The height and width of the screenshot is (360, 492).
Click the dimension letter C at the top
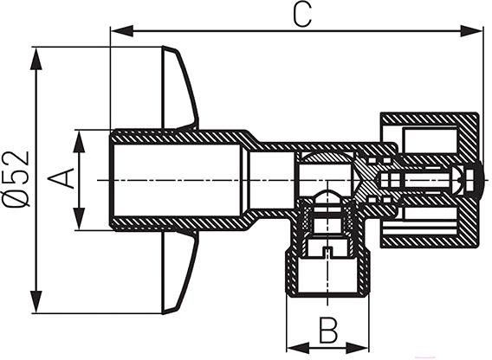point(302,15)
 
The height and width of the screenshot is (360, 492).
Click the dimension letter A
point(61,178)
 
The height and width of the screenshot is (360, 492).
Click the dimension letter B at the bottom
point(328,330)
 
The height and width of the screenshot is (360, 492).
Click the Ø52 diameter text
point(16,179)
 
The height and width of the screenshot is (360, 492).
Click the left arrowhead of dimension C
point(122,31)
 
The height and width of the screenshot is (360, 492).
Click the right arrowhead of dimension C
point(471,31)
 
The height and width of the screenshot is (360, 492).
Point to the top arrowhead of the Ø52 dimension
point(36,59)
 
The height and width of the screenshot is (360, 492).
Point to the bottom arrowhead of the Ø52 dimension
point(36,301)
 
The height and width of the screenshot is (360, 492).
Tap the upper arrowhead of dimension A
point(79,141)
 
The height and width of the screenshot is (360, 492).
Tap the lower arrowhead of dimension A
point(79,219)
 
